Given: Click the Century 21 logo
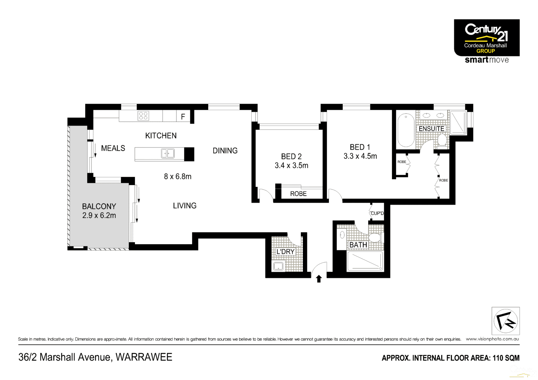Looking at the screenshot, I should click(x=487, y=38).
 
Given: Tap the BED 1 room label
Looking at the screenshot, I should click(x=360, y=147).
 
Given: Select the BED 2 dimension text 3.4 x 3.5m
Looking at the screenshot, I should click(x=291, y=166).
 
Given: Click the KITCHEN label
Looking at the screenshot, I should click(x=161, y=136).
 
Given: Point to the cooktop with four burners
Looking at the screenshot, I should click(x=143, y=116).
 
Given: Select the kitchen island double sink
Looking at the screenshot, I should click(x=168, y=154).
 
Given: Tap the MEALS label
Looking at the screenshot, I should click(x=113, y=149).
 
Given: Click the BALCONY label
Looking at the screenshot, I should click(x=99, y=207).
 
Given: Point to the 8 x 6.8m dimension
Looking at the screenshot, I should click(x=178, y=177).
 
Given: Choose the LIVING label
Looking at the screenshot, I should click(x=184, y=206).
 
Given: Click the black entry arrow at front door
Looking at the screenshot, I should click(x=319, y=279).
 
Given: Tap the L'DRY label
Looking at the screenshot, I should click(x=286, y=252).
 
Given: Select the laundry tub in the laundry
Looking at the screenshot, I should click(x=278, y=266).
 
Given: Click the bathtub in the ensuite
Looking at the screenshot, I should click(x=405, y=130).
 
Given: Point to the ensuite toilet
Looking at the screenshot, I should click(x=442, y=140).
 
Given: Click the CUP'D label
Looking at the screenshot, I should click(x=377, y=213).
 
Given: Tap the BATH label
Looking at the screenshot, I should click(x=358, y=245).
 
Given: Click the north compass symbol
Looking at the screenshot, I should click(x=505, y=321).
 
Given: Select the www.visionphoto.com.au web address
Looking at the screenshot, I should click(x=492, y=339).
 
